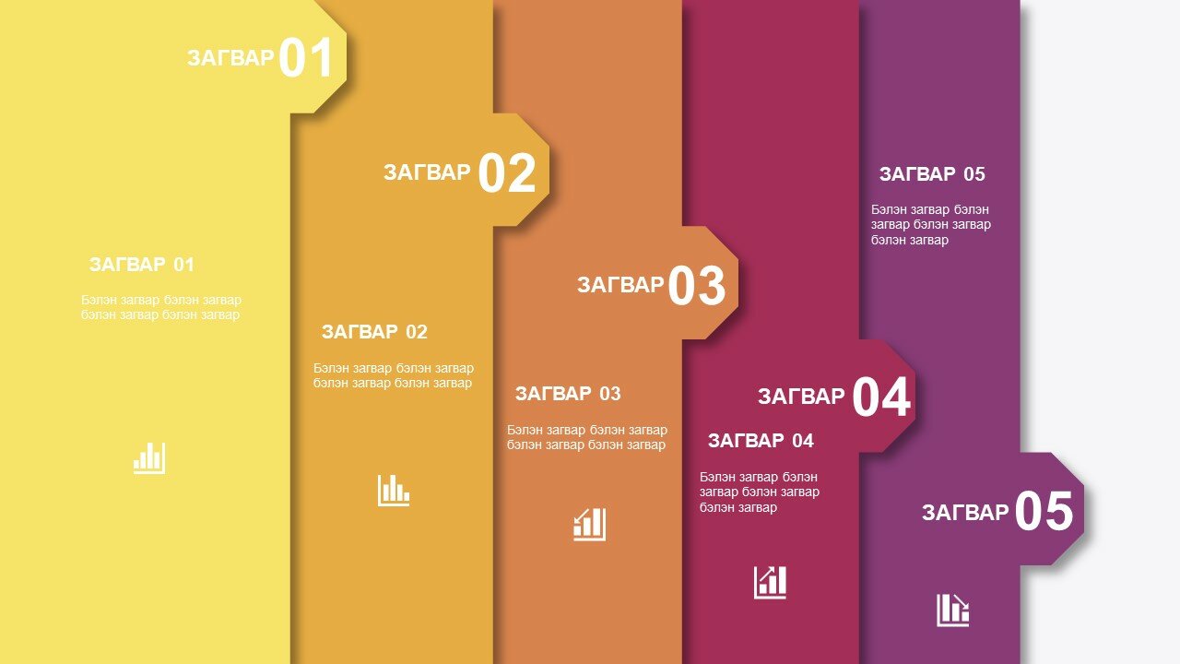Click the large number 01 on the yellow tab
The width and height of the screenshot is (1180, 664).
tap(305, 57)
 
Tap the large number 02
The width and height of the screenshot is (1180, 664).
tap(507, 172)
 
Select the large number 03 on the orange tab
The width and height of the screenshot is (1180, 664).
tap(696, 285)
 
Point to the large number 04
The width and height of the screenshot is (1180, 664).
tap(880, 397)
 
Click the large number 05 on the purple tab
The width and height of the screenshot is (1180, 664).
tap(1044, 511)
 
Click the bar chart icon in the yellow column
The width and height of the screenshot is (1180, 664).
tap(149, 458)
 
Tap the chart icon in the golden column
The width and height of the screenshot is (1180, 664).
tap(394, 491)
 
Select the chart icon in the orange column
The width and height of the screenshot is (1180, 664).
tap(589, 525)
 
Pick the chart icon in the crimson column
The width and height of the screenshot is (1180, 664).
tap(770, 583)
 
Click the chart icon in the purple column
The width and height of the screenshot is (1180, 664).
tap(952, 611)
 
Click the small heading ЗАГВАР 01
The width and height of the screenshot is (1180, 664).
tap(142, 265)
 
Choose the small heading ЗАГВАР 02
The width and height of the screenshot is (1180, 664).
tap(374, 332)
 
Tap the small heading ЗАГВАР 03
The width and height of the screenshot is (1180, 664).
tap(568, 394)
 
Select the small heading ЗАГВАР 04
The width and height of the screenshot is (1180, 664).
tap(761, 441)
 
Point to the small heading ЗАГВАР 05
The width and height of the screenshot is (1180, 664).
tap(932, 174)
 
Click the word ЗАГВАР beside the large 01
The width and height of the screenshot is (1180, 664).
tap(230, 58)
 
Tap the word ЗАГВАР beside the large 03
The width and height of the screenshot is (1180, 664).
tap(620, 285)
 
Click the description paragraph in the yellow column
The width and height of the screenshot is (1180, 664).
tap(161, 307)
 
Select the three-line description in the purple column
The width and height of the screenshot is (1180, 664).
tap(931, 224)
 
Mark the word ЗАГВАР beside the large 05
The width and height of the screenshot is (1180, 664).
tap(965, 512)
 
